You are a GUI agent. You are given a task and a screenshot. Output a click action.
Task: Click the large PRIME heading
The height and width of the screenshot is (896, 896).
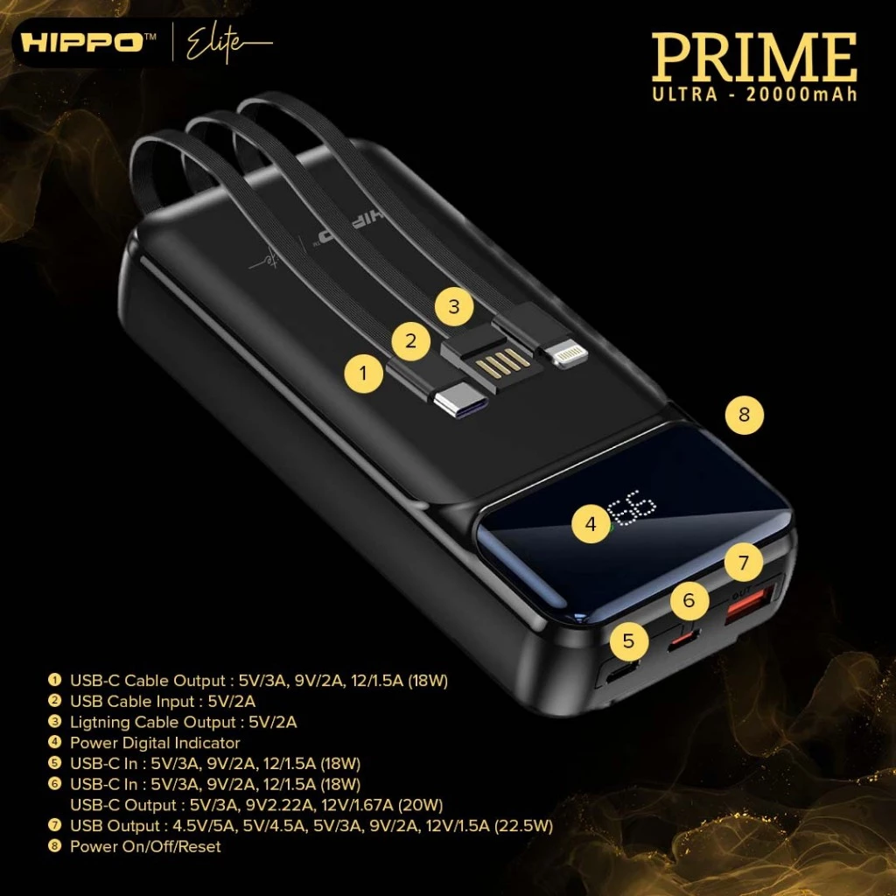click(754, 57)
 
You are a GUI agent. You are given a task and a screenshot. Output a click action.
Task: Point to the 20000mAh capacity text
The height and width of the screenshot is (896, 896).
click(801, 94)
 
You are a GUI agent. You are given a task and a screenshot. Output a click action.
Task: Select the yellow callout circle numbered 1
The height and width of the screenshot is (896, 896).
click(363, 373)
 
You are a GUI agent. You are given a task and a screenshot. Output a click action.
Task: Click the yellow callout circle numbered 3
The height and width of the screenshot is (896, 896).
click(454, 307)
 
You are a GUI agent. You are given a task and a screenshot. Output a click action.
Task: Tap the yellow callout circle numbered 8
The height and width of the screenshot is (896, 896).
click(744, 414)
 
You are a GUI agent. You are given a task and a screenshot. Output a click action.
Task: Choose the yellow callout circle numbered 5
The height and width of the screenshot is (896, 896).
click(628, 640)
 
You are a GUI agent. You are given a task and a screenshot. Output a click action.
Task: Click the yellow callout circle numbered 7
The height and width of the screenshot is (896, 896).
click(744, 563)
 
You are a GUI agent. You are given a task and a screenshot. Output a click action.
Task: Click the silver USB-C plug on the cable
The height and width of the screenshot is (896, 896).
click(460, 402)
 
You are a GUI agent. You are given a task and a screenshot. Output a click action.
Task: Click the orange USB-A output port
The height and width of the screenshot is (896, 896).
click(749, 605)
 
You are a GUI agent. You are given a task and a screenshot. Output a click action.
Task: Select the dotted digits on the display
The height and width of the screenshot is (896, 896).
click(632, 508)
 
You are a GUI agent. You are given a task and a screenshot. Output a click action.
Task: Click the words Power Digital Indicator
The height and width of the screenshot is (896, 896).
click(155, 743)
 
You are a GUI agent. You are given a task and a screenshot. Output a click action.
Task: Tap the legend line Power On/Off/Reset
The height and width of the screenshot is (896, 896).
click(145, 846)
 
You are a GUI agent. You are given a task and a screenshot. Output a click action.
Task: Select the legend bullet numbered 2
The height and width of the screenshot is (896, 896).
click(55, 701)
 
